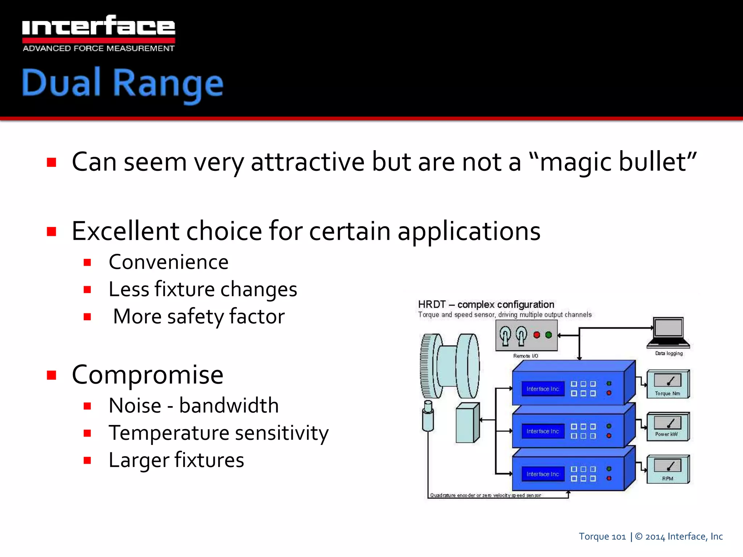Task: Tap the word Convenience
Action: tap(169, 262)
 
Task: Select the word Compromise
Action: tap(148, 375)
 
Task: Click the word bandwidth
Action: tap(229, 405)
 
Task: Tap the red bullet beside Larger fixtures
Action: tap(87, 461)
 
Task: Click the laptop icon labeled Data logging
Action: tap(669, 332)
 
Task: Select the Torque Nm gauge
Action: tap(668, 384)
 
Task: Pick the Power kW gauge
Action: tap(668, 426)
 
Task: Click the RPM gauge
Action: tap(668, 469)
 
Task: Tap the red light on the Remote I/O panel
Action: tap(537, 335)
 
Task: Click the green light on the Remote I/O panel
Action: tap(549, 335)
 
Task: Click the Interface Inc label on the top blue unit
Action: tap(543, 389)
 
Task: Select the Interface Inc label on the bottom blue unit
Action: tap(543, 474)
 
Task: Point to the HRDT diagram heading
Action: tap(486, 304)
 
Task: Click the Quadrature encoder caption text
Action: tap(485, 495)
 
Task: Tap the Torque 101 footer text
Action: tap(602, 536)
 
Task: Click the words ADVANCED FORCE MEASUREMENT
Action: tap(98, 49)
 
